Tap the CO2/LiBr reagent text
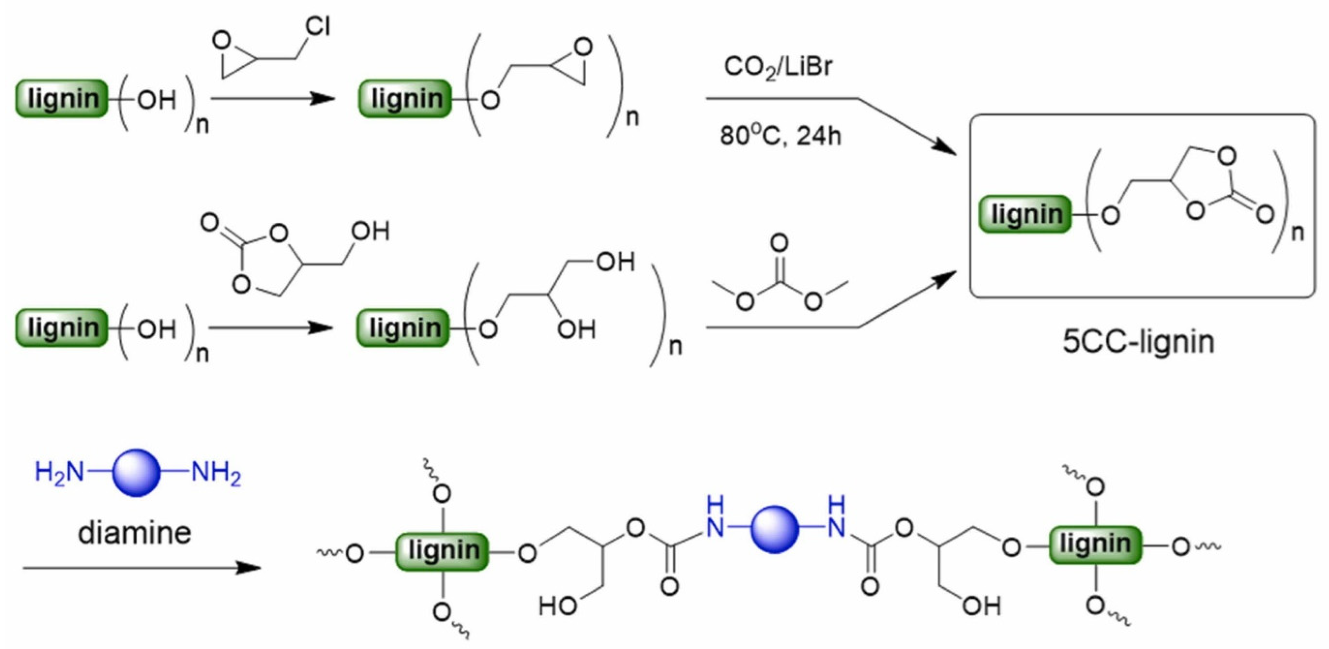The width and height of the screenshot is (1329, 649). [x=778, y=67]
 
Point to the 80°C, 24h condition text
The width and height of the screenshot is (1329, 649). [x=780, y=136]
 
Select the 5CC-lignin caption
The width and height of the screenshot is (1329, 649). [x=1138, y=342]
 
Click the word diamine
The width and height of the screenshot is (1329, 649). [x=134, y=533]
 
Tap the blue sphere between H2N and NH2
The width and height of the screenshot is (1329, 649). [x=136, y=473]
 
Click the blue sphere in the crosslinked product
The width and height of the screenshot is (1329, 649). [x=774, y=530]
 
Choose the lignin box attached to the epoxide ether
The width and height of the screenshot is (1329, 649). [x=405, y=98]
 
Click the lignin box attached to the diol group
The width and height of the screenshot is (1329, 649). [x=404, y=328]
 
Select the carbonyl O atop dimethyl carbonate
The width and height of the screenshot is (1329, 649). [x=779, y=242]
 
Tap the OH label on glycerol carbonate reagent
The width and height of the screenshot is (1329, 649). [x=370, y=232]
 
